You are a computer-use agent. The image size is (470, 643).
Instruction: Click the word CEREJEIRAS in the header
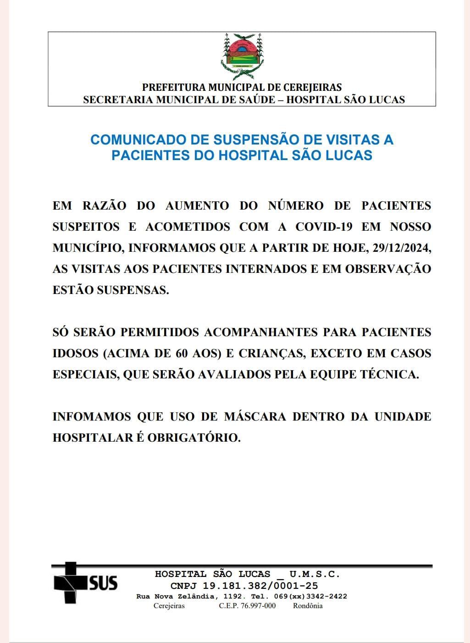click(x=312, y=87)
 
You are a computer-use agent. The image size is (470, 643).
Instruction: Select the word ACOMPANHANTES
click(x=262, y=332)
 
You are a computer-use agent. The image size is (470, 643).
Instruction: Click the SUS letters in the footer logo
click(x=103, y=583)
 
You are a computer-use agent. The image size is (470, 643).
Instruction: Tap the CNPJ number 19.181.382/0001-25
click(x=260, y=586)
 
